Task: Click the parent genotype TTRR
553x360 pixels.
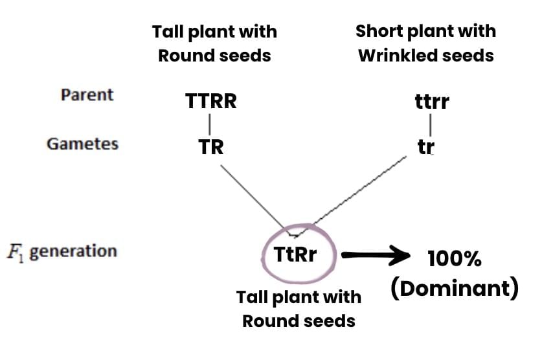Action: click(210, 102)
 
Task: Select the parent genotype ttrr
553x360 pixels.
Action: click(431, 102)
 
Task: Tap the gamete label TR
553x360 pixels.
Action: click(211, 147)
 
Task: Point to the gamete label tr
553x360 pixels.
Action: click(425, 147)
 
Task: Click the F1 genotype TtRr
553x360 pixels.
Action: click(296, 254)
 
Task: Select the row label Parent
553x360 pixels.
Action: click(87, 95)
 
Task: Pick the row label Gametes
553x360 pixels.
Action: click(82, 144)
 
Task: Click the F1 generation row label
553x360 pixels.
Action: click(63, 251)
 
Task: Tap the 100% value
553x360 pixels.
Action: click(454, 260)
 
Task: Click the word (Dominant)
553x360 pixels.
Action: click(454, 289)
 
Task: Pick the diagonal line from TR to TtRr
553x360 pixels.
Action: click(254, 197)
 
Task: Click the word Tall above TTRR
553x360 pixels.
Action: click(167, 32)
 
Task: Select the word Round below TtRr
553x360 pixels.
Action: click(267, 320)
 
